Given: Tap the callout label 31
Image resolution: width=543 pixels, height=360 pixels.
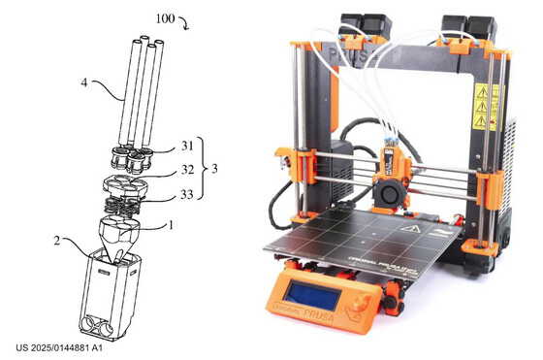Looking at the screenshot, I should point(187,147).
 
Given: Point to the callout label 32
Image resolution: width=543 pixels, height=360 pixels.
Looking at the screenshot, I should point(187,170).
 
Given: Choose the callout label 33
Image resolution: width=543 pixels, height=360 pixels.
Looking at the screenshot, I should point(187,194).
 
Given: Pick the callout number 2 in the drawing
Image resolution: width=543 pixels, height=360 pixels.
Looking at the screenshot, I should point(60,239).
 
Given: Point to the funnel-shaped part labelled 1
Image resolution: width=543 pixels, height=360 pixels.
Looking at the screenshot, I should point(120,234).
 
